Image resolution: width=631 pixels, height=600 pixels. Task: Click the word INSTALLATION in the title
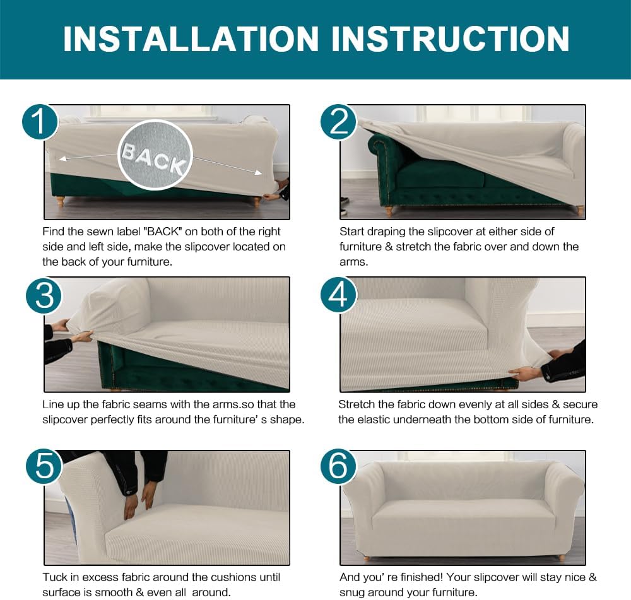click(191, 38)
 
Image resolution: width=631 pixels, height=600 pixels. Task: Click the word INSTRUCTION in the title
click(451, 38)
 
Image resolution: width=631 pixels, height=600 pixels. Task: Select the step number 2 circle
click(338, 122)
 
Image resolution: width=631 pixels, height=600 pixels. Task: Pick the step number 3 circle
click(44, 295)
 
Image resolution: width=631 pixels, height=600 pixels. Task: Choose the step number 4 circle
click(338, 295)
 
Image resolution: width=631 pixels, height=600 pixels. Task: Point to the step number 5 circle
click(44, 467)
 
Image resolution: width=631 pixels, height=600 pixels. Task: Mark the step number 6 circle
click(338, 467)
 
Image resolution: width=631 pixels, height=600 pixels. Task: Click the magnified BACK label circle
click(155, 155)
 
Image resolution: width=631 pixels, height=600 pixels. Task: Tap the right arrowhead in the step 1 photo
click(258, 173)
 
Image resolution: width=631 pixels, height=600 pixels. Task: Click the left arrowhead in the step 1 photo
click(62, 158)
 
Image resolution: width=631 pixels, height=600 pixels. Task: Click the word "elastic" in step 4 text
click(372, 420)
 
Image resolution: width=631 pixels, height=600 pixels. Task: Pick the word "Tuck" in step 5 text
click(55, 577)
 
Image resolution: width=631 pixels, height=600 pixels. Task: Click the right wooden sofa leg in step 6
click(562, 558)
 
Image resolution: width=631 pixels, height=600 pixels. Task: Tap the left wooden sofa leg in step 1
click(61, 201)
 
